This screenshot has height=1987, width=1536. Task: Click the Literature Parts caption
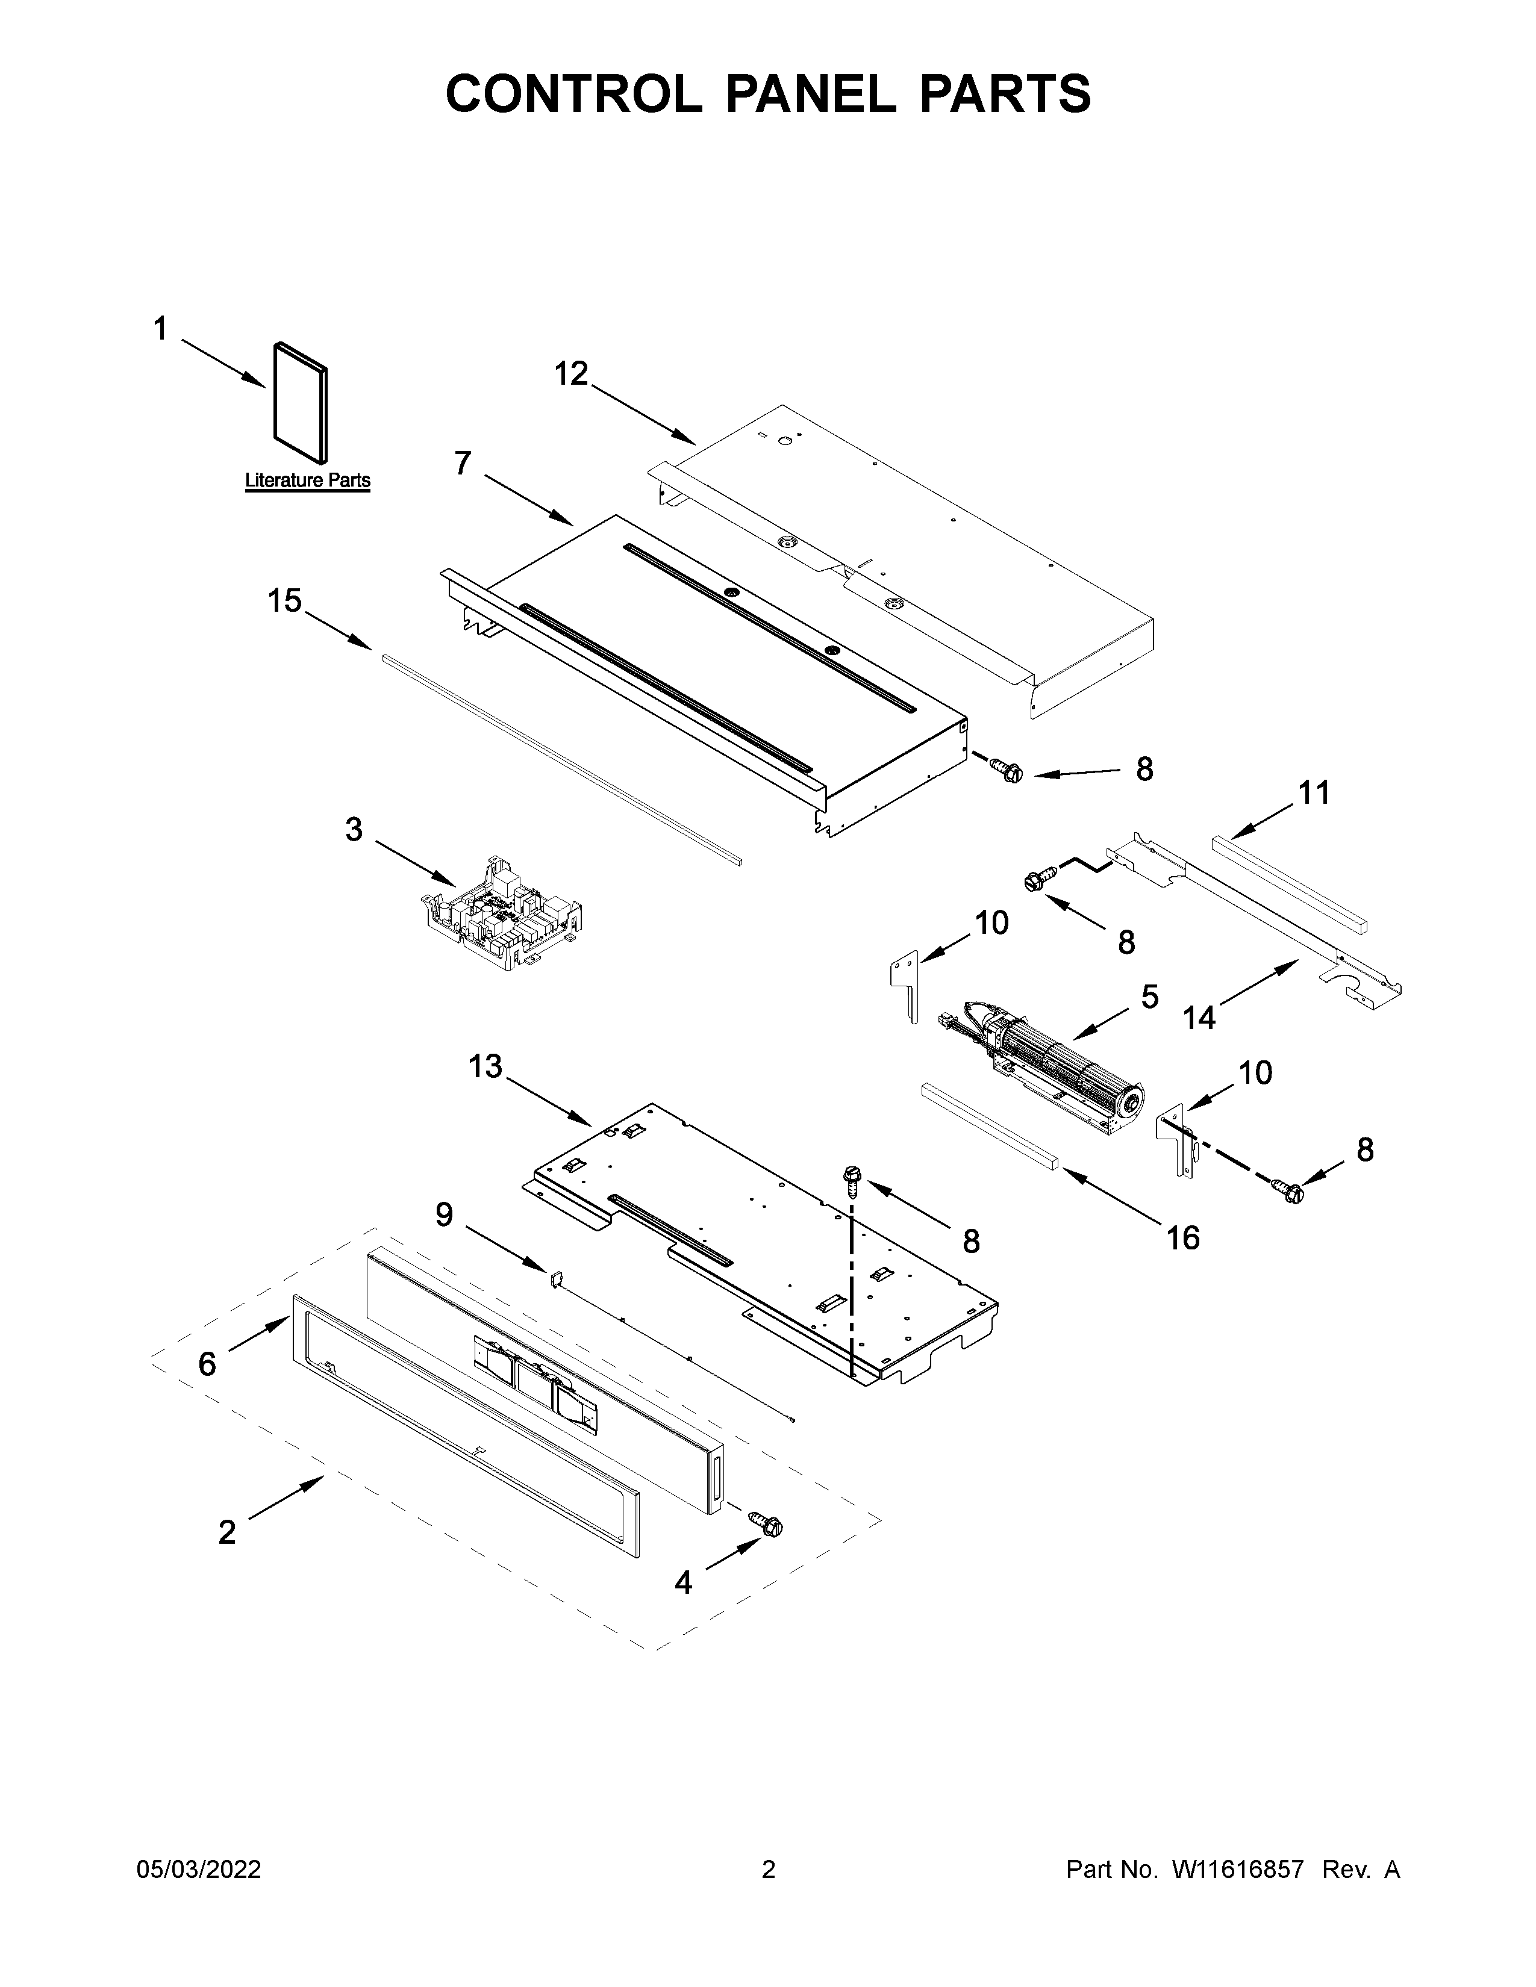(x=308, y=480)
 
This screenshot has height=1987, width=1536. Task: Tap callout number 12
(x=572, y=374)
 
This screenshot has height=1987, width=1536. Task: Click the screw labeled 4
(x=767, y=1523)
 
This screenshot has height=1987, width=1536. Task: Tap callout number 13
(x=485, y=1065)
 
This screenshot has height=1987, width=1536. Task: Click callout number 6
(x=207, y=1364)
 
